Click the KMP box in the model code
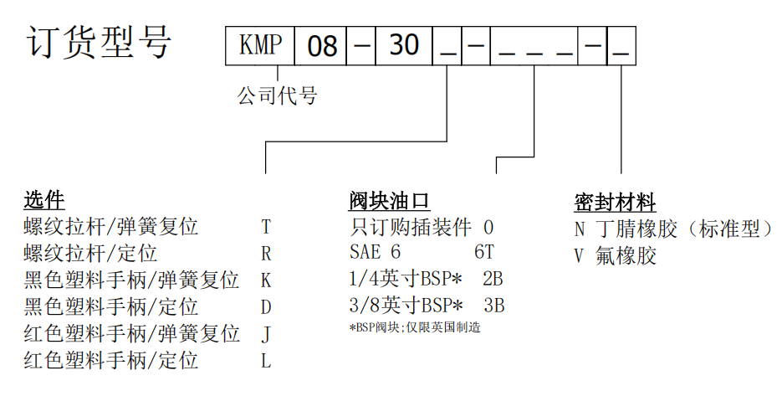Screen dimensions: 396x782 260,44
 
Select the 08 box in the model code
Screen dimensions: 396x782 321,45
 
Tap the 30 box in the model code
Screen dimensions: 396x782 404,44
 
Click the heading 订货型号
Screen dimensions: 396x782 100,42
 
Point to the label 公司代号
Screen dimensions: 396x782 278,96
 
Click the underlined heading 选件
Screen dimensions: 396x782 44,200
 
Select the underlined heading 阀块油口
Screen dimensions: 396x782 389,201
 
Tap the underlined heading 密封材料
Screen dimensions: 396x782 615,202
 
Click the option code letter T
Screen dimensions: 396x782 266,228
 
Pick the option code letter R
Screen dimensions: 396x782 266,254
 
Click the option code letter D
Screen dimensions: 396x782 266,307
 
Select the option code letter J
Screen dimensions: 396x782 266,334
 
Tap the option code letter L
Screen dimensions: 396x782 266,361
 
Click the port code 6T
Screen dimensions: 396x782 484,253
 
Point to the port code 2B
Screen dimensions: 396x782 493,279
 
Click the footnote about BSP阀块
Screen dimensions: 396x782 415,327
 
